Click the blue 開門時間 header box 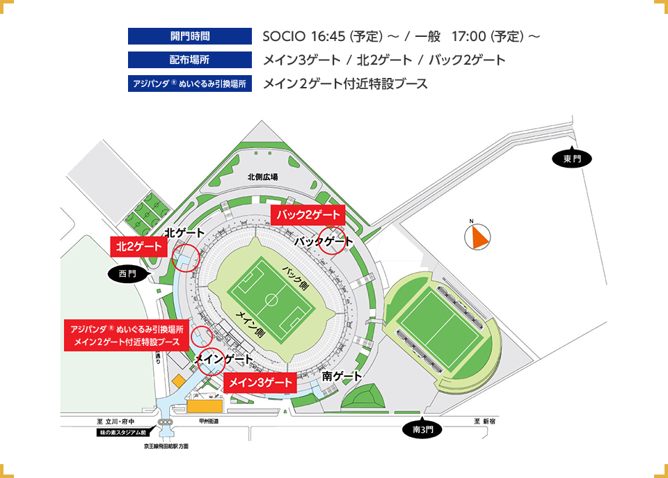[x=189, y=36]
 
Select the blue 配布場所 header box [x=189, y=60]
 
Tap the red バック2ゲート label [x=308, y=214]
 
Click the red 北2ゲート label [x=139, y=246]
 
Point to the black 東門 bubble [x=572, y=159]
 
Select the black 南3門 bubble [x=422, y=430]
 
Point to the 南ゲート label [x=342, y=376]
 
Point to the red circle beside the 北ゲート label [x=186, y=257]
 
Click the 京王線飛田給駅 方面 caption [x=166, y=445]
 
